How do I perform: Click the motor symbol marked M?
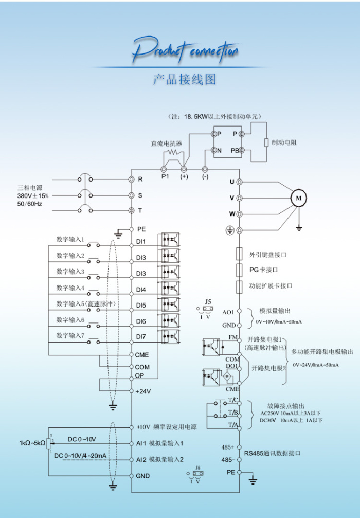pos(298,197)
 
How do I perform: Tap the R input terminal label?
pos(140,180)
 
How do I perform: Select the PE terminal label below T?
pos(141,229)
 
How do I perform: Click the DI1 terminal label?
pos(141,241)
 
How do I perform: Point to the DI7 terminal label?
pos(141,337)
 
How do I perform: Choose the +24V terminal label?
pos(143,391)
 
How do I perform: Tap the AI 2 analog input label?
pos(141,459)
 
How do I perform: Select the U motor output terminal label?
pos(232,182)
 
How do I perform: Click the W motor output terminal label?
pos(232,213)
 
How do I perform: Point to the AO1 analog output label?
pos(228,312)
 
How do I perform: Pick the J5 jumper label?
pos(208,301)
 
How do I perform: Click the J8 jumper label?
pos(198,468)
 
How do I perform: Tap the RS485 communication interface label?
pos(272,453)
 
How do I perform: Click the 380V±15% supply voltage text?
pos(33,195)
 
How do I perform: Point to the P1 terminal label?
pos(165,176)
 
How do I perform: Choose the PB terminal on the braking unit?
pos(235,151)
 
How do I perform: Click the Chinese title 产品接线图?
pos(185,79)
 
